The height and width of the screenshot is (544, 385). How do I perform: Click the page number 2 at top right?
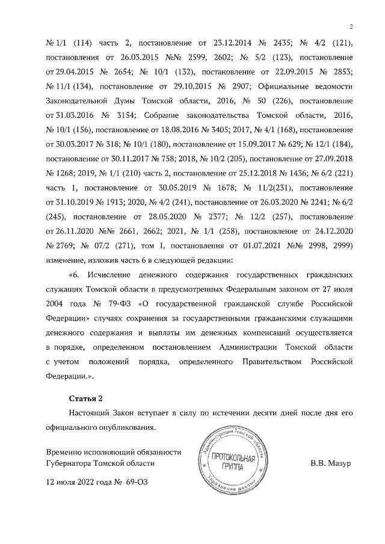click(x=350, y=26)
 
